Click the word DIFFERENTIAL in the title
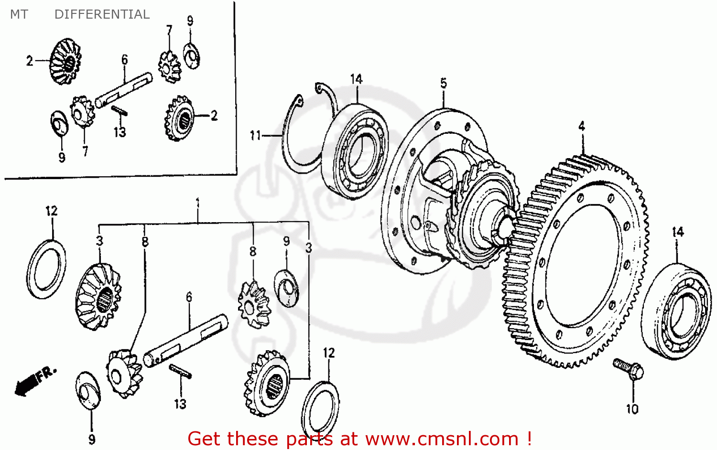coord(102,14)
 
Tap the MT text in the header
coord(19,14)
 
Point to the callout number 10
coord(632,409)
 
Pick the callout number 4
coord(581,126)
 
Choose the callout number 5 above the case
coord(443,83)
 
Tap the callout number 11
coord(255,136)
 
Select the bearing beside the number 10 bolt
coord(676,311)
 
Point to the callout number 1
coord(197,204)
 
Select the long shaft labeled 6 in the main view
coord(185,340)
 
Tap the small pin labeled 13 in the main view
coord(180,371)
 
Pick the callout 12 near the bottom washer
coord(329,353)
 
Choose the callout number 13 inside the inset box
coord(119,132)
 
